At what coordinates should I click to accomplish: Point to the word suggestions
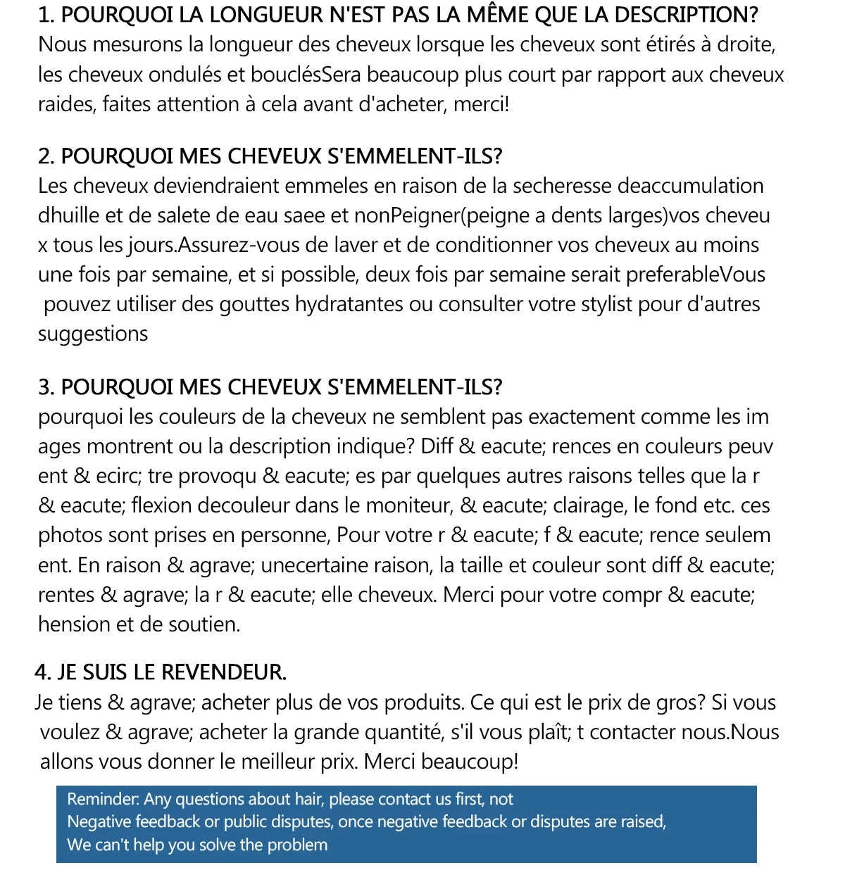(93, 334)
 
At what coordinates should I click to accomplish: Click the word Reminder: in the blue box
(104, 800)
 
